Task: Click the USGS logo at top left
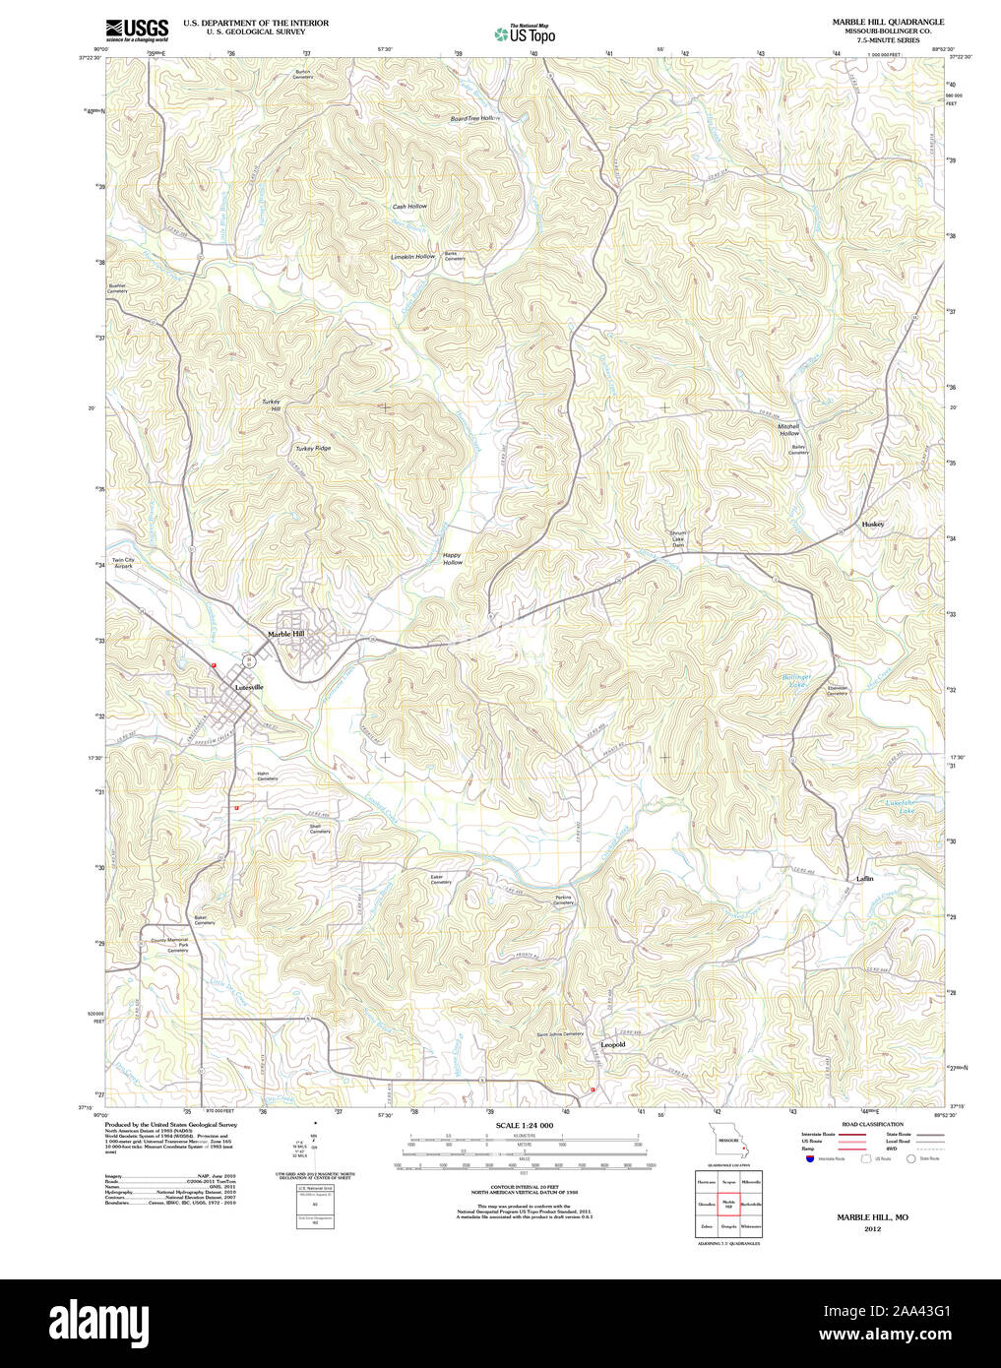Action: pos(137,30)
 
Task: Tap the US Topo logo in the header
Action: pos(526,34)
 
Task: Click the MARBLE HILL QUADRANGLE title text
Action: pos(888,22)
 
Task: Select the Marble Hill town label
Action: pos(286,634)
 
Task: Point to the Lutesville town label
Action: pos(248,687)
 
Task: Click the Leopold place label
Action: pos(612,1044)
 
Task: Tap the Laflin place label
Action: pos(864,878)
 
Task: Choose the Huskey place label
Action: pos(872,524)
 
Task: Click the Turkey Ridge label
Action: pos(313,449)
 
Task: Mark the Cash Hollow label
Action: pos(409,207)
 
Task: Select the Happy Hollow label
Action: pos(452,558)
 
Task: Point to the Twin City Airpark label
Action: pos(122,563)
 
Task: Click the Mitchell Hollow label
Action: pos(788,429)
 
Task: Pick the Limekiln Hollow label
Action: pos(412,257)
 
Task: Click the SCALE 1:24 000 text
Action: pos(525,1125)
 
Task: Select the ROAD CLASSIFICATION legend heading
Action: pos(872,1124)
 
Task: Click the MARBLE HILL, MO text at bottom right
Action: pos(872,1217)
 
